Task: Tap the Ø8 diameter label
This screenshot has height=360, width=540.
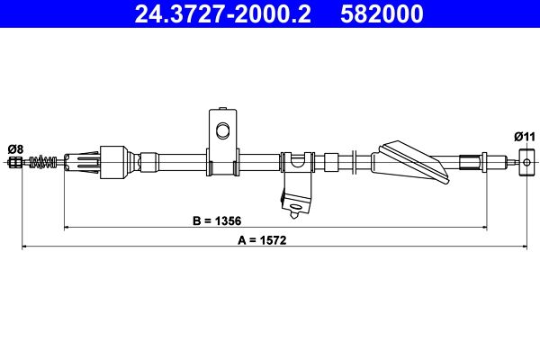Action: [x=15, y=148]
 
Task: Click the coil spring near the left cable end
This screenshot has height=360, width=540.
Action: [x=40, y=163]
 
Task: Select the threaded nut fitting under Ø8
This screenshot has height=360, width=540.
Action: [x=14, y=163]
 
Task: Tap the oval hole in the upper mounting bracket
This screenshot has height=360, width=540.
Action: [x=222, y=131]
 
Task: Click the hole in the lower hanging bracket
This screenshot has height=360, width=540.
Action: [x=293, y=213]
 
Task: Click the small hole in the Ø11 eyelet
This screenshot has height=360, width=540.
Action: [x=525, y=163]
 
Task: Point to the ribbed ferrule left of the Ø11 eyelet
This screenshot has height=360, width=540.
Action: [x=470, y=163]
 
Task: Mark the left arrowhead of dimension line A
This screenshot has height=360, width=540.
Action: [x=24, y=247]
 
